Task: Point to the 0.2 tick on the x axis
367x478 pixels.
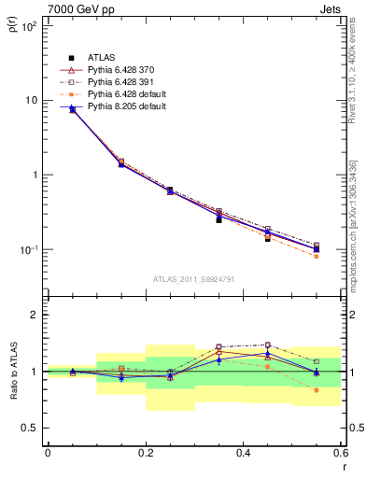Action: [x=146, y=453]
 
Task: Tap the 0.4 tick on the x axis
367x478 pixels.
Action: [x=244, y=453]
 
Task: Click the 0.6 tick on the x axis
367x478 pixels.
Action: [x=341, y=453]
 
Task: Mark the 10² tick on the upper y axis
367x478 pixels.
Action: [x=29, y=26]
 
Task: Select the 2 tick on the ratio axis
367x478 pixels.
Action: [x=35, y=315]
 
